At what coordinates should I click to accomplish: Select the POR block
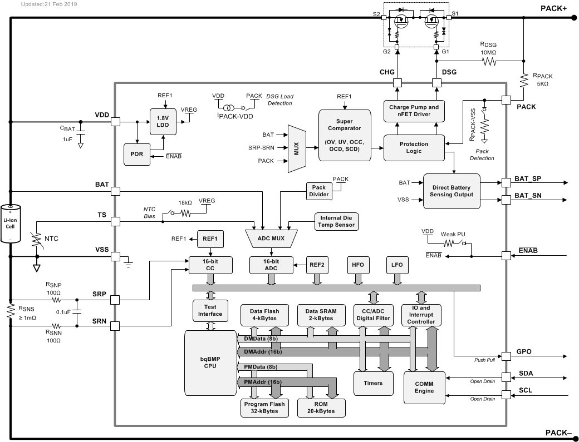137,154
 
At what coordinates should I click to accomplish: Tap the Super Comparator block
344,135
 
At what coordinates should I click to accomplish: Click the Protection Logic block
414,148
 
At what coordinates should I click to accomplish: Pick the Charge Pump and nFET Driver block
414,111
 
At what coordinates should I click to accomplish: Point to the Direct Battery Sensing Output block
452,191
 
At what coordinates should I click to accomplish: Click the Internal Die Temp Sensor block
336,221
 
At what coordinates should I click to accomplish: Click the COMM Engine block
424,388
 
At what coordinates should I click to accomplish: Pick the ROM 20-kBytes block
320,408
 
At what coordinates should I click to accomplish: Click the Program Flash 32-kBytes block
264,408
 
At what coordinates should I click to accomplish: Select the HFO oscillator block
357,265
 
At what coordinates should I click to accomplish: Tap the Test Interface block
209,311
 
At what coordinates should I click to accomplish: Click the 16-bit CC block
209,265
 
